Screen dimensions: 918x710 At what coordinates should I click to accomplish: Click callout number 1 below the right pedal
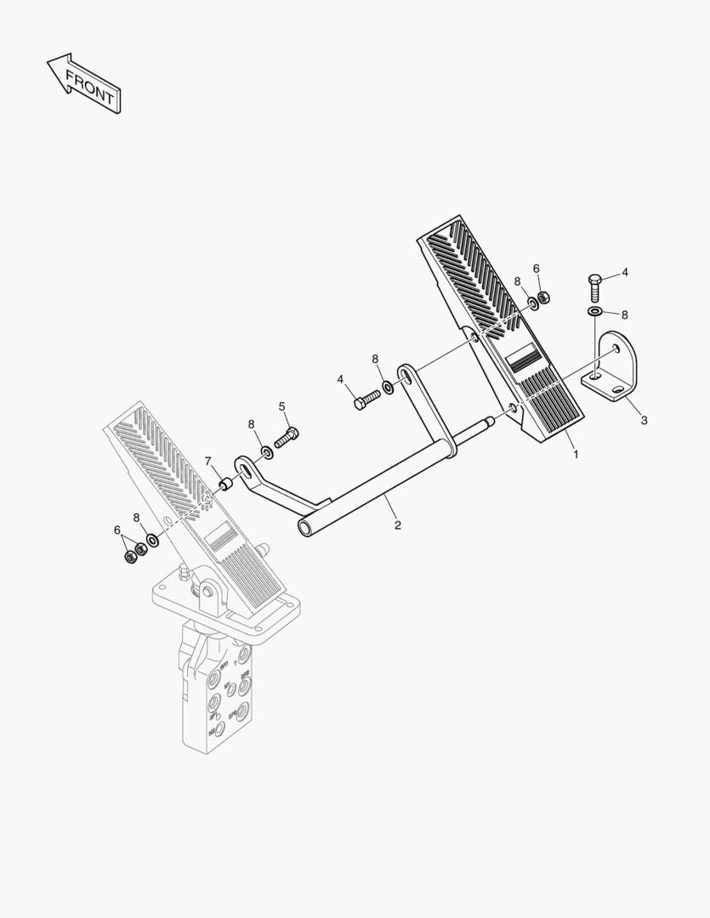[x=576, y=454]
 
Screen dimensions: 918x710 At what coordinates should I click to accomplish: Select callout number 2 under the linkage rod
[x=397, y=525]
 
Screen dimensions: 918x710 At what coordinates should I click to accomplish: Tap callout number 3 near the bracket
[x=644, y=420]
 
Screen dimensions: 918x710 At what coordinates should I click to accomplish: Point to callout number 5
[x=282, y=406]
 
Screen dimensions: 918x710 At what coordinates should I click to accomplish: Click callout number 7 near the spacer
[x=207, y=462]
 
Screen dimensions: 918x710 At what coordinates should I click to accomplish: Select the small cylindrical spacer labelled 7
[x=226, y=484]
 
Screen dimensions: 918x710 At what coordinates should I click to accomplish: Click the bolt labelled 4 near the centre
[x=366, y=399]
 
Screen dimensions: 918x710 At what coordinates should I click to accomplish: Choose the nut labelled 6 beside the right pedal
[x=544, y=297]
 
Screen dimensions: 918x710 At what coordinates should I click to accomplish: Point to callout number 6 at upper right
[x=537, y=269]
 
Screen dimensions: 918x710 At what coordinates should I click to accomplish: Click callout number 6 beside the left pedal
[x=117, y=530]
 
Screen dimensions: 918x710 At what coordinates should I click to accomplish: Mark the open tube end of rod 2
[x=305, y=528]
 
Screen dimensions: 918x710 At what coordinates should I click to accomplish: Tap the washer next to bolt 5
[x=266, y=450]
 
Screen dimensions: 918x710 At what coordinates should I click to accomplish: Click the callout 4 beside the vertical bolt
[x=625, y=273]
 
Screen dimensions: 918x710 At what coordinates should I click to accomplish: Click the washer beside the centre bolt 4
[x=388, y=388]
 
